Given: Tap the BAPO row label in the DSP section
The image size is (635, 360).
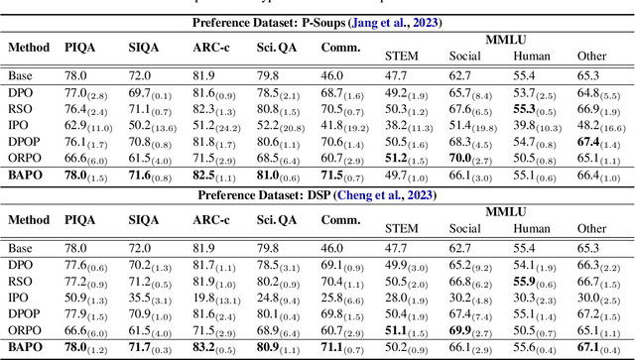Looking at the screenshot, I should point(27,347).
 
